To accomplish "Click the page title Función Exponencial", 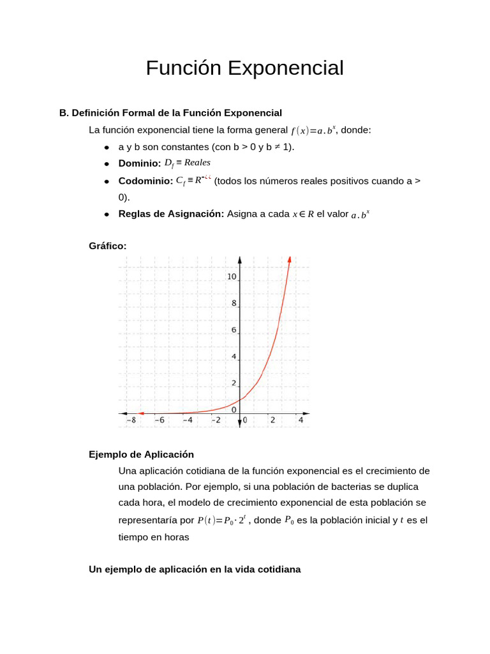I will point(244,68).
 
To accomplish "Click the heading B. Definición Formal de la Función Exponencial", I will point(170,113).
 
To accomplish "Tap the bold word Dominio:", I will point(139,164).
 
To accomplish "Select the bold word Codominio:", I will point(145,181).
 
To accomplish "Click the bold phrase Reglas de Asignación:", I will point(171,214).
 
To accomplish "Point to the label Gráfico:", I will point(107,245).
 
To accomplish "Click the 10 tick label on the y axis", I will point(232,277).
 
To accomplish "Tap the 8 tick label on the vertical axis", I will point(234,304).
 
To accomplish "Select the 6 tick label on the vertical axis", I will point(234,330).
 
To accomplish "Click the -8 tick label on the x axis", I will point(131,420).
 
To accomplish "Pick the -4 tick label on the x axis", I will point(187,420).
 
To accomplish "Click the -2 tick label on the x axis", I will point(216,420).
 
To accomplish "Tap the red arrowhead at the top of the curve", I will point(290,259).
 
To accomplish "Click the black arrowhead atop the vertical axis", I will point(239,260).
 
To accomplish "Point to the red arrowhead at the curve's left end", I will point(142,413).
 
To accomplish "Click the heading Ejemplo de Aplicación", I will point(141,455).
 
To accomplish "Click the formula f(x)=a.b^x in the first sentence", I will point(313,131).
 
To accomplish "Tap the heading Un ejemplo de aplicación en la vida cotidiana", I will point(195,569).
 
